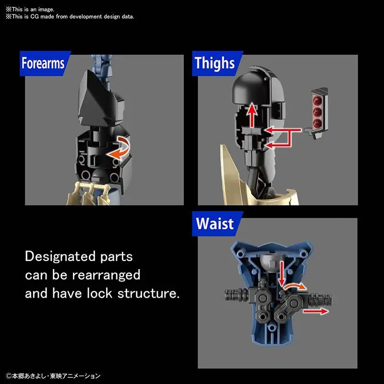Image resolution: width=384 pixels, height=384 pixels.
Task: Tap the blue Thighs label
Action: coord(217,63)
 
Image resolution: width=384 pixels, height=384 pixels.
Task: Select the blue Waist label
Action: coord(217,224)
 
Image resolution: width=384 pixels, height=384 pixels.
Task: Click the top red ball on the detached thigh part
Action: coord(317,100)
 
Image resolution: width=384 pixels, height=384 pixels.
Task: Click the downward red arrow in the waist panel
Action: coord(282,273)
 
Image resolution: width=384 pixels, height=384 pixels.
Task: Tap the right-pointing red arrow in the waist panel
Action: coord(316,311)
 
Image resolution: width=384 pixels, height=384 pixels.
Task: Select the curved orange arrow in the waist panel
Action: coord(295,286)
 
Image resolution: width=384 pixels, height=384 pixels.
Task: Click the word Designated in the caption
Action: coord(60,257)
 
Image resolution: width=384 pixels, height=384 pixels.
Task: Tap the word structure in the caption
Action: coord(148,294)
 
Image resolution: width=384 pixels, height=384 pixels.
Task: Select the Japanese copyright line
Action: coord(53,376)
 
